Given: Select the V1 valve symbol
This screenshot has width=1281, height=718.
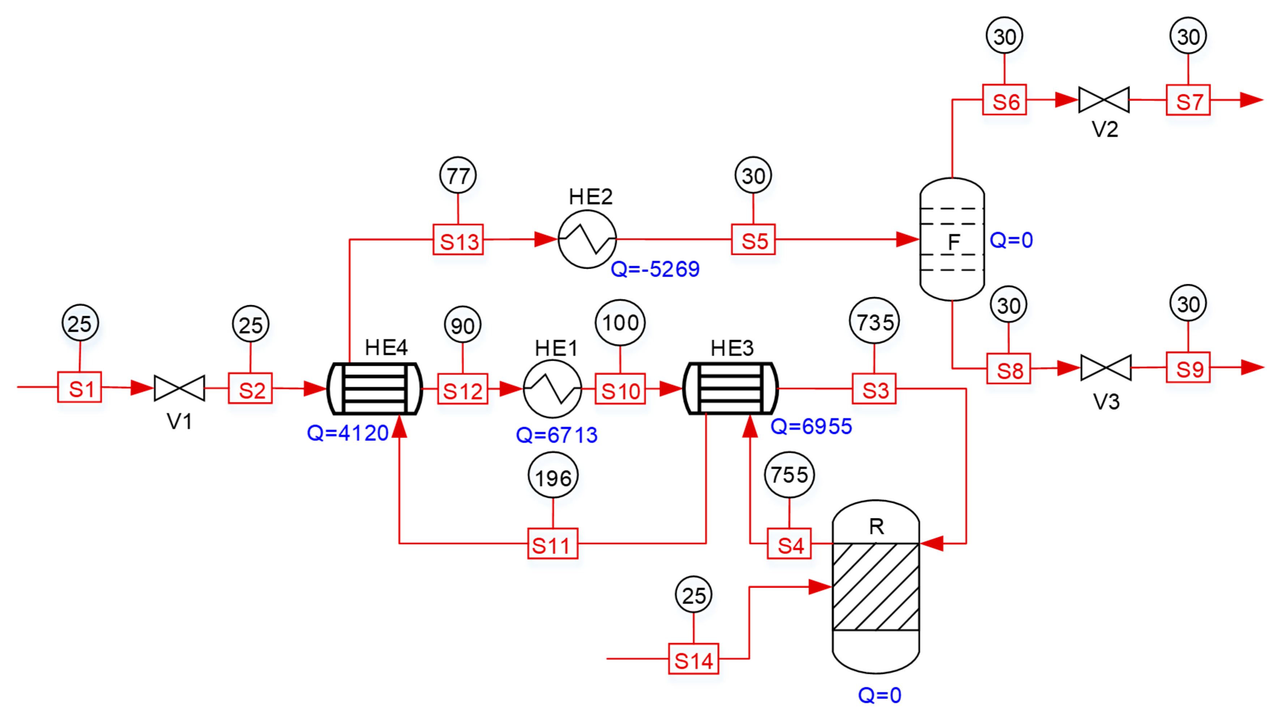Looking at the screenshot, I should tap(179, 388).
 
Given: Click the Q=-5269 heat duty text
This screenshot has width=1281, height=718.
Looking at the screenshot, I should tap(655, 269).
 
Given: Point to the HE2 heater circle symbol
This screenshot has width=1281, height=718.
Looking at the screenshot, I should tap(587, 239).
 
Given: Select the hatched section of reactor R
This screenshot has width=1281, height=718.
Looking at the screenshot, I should tap(876, 587).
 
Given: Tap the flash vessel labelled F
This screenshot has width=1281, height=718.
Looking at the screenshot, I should tap(952, 239).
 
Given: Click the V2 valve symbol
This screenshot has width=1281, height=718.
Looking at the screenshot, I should tap(1103, 100).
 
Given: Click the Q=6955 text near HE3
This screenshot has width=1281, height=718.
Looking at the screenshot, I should tap(811, 426).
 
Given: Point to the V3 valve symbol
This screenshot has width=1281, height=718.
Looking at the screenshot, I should tap(1106, 368).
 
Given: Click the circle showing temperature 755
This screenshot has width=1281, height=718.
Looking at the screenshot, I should tap(789, 475).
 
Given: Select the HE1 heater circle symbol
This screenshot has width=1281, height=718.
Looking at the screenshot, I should tap(552, 389).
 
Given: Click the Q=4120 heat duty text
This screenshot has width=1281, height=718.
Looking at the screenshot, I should tap(347, 433).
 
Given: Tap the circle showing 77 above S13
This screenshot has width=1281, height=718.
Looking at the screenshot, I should tap(458, 175).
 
